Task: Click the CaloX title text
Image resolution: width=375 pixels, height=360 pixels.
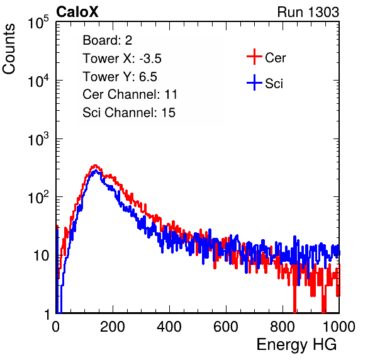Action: click(77, 12)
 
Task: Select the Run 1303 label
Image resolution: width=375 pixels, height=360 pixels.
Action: click(308, 12)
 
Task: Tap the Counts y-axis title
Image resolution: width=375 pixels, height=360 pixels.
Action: click(9, 49)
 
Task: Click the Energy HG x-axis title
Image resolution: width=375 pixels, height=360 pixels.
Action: click(296, 345)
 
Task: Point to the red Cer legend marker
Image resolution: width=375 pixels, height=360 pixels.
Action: click(254, 57)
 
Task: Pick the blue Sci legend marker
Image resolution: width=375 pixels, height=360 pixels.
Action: click(254, 82)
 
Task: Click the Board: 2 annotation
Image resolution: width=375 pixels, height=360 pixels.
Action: click(108, 40)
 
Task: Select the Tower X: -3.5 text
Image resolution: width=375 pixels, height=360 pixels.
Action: click(122, 59)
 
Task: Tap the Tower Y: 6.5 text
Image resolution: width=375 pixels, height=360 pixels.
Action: click(120, 77)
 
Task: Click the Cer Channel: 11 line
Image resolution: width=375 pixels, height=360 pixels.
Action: click(130, 94)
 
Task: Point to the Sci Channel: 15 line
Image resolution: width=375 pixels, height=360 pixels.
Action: click(129, 113)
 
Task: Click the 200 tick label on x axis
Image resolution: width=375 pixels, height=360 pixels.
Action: click(113, 327)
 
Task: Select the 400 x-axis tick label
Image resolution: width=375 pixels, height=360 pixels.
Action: click(169, 327)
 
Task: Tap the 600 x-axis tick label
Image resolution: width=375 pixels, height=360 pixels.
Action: click(226, 327)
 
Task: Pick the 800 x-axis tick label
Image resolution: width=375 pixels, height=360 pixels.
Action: click(283, 327)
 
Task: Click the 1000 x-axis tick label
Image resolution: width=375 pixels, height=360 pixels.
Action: click(339, 327)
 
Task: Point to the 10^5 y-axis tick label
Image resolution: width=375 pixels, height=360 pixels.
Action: click(38, 23)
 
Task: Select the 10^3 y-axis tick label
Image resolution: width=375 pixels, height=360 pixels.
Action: click(38, 139)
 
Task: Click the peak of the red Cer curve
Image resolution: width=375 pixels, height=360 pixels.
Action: click(95, 166)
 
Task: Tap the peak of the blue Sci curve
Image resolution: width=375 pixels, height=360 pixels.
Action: click(96, 171)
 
